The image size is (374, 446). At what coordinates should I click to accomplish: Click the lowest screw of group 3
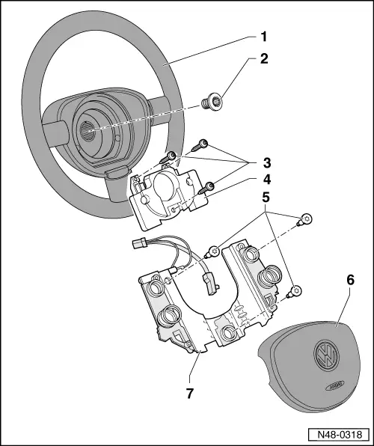pos(209,186)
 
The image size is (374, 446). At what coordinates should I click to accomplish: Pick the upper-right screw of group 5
pos(306,221)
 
